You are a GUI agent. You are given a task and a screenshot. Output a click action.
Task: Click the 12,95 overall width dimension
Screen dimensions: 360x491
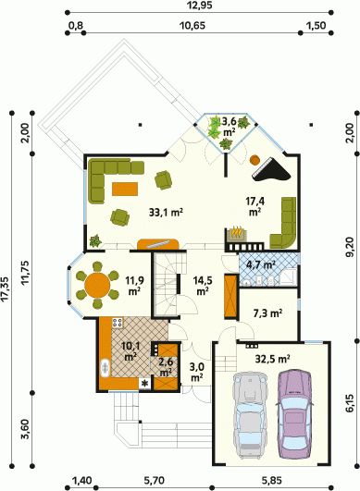tap(199, 6)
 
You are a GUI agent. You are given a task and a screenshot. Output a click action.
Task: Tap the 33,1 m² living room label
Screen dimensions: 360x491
tap(166, 213)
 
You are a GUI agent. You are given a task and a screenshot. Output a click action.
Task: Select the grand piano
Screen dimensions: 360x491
tap(272, 171)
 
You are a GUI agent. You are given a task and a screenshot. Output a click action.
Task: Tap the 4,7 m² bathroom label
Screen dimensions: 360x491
tap(261, 265)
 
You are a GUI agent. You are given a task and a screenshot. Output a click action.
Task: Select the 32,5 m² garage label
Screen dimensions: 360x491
tap(272, 359)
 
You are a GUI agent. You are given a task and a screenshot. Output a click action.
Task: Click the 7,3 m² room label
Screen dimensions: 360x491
tap(267, 313)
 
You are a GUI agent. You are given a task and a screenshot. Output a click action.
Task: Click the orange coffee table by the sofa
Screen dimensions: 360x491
tap(125, 190)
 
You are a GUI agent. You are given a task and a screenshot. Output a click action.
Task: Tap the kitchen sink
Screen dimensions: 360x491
tap(105, 368)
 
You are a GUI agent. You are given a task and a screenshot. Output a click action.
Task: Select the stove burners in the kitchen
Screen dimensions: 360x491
tap(117, 323)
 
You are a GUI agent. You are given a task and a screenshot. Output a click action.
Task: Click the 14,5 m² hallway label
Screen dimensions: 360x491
tap(203, 286)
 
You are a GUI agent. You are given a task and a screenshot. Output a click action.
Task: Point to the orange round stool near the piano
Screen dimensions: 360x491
tap(254, 160)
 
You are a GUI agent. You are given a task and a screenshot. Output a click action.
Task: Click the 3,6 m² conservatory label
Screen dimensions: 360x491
tap(230, 126)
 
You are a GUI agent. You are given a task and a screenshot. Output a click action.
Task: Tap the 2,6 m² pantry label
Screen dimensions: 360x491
tap(166, 367)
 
